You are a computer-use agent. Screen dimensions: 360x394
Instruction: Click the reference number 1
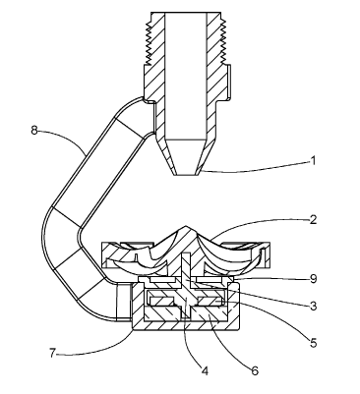click(313, 161)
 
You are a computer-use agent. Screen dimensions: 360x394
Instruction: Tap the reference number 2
click(313, 219)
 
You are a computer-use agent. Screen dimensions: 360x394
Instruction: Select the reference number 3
click(313, 306)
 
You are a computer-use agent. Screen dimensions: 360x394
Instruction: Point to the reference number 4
click(205, 371)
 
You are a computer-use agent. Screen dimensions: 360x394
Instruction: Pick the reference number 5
click(313, 343)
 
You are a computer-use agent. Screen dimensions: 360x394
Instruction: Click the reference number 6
click(255, 371)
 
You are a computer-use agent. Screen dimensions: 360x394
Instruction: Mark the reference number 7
click(53, 354)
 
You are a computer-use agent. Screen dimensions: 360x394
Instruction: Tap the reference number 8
click(34, 131)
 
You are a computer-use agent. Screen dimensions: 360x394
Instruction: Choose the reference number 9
click(313, 279)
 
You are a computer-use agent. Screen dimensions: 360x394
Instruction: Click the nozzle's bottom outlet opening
click(186, 174)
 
